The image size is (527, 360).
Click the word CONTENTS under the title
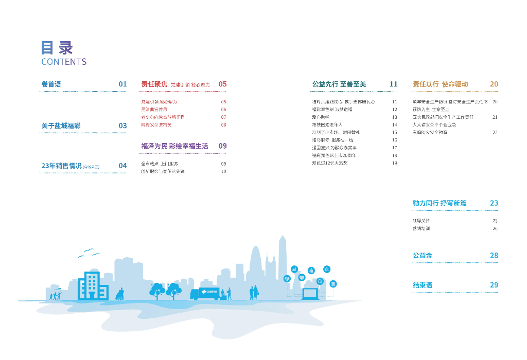[x=64, y=62]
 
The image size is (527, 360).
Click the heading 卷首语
[x=51, y=84]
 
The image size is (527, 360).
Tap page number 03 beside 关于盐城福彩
[x=122, y=125]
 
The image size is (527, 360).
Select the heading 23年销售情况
[x=61, y=166]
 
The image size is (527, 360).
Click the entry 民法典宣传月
[x=154, y=110]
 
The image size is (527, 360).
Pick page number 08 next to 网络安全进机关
[x=223, y=124]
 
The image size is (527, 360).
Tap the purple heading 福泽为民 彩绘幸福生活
[x=175, y=146]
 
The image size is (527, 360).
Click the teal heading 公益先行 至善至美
[x=339, y=84]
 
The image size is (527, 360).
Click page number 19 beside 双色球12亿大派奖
[x=395, y=163]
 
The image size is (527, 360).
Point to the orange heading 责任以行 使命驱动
[x=440, y=84]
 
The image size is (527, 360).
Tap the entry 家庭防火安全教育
[x=430, y=132]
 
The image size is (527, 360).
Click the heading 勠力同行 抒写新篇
[x=440, y=203]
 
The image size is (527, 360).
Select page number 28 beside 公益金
[x=494, y=255]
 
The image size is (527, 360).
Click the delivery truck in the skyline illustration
[x=204, y=293]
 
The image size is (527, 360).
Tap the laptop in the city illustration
[x=310, y=294]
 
